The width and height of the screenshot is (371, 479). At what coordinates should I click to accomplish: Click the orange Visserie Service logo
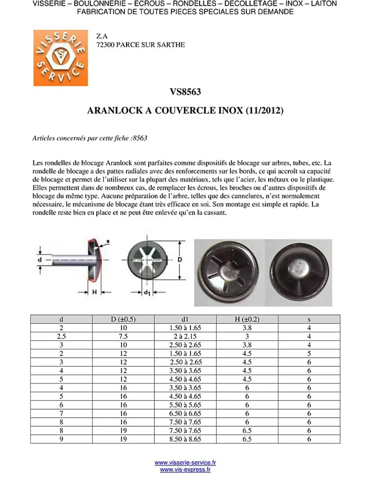(x=60, y=58)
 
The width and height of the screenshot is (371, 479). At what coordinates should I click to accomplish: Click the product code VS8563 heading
(x=185, y=92)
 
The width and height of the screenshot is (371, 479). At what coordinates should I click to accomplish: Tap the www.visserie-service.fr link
(x=185, y=463)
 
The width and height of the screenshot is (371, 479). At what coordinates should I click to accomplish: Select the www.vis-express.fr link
(x=185, y=470)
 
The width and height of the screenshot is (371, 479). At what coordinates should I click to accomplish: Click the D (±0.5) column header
(x=123, y=319)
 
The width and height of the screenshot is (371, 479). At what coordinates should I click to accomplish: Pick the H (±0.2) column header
(x=247, y=319)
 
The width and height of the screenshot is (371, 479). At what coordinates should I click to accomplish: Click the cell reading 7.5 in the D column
(x=123, y=337)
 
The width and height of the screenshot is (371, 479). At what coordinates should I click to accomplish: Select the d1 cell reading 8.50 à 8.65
(x=185, y=439)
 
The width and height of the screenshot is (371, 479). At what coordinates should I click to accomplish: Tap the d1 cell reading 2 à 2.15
(x=185, y=337)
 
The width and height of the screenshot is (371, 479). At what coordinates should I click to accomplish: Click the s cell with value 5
(x=309, y=354)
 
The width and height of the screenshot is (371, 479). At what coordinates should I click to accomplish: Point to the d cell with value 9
(x=61, y=439)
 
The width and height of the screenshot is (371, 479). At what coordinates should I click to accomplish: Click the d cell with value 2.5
(x=61, y=337)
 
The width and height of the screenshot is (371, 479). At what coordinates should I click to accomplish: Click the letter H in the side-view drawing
(x=94, y=292)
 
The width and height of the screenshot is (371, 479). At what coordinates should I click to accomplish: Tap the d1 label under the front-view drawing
(x=146, y=292)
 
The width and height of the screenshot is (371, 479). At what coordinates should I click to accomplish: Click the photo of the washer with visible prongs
(x=230, y=273)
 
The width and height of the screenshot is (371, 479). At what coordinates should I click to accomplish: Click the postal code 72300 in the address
(x=105, y=45)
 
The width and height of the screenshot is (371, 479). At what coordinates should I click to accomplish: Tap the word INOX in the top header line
(x=294, y=4)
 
